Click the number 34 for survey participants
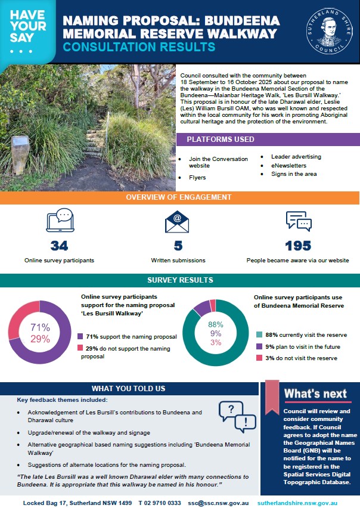[59, 246]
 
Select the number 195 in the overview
[298, 246]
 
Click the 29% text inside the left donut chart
[40, 340]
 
